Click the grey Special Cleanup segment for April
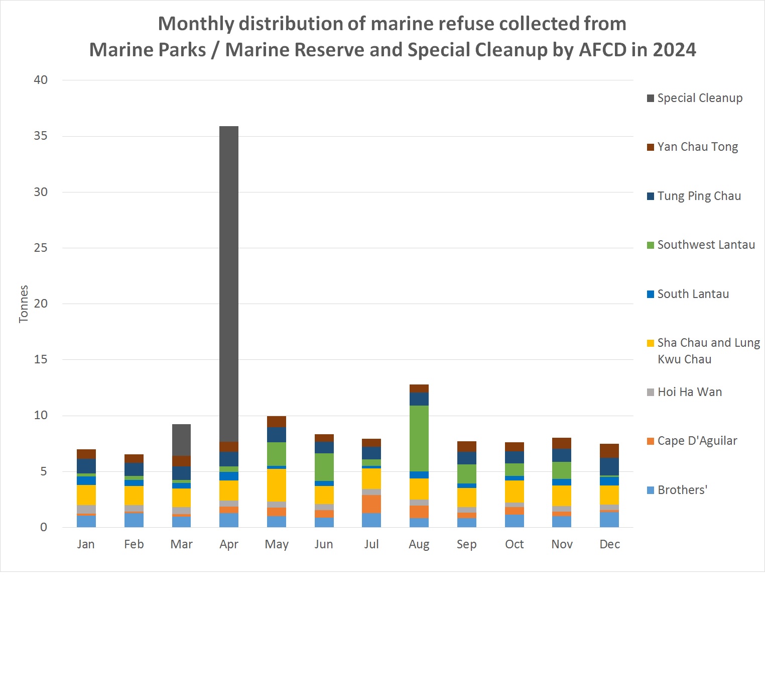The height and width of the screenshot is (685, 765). click(229, 284)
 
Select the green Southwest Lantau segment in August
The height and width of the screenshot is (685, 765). click(419, 438)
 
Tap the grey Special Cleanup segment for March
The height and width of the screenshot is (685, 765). click(181, 440)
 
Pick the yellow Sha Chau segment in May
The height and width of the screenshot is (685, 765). click(277, 485)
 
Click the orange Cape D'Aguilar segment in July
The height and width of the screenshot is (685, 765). click(371, 504)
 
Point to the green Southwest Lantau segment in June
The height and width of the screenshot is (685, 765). click(324, 467)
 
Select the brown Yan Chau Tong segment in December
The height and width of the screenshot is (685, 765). click(609, 451)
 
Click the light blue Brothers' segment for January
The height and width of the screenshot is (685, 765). click(86, 521)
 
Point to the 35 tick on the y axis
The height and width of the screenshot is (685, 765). click(41, 136)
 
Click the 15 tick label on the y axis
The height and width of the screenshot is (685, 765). click(41, 359)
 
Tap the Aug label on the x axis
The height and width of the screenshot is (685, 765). click(419, 544)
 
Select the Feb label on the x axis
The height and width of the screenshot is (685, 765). click(134, 544)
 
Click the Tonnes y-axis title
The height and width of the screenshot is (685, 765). click(24, 304)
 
